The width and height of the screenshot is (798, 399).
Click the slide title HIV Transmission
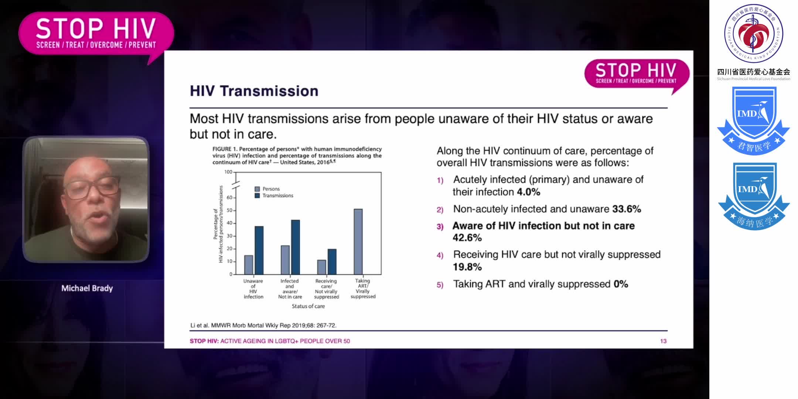coord(254,91)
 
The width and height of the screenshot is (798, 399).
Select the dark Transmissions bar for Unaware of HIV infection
coord(259,250)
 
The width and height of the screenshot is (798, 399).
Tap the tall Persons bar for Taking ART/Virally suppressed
coord(358,242)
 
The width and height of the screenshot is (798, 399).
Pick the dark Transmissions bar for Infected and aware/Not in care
coord(296,247)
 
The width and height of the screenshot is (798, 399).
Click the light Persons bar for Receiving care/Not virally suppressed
coord(321,267)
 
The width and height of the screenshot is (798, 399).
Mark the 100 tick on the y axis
coord(228,172)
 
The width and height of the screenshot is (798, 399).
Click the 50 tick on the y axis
coord(229,210)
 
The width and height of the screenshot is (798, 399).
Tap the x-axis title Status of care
coord(308,306)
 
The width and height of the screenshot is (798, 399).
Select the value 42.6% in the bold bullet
coord(467,238)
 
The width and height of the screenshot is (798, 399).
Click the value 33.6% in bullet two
coord(626,209)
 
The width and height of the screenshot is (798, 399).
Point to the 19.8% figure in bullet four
coord(467,267)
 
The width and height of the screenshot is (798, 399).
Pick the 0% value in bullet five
coord(621,284)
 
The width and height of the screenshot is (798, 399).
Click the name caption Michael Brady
coord(87,288)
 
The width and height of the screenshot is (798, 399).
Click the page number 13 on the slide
coord(663,341)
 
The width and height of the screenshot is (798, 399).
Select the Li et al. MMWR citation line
coord(263,325)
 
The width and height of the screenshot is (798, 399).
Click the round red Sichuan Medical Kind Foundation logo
coord(754,34)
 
